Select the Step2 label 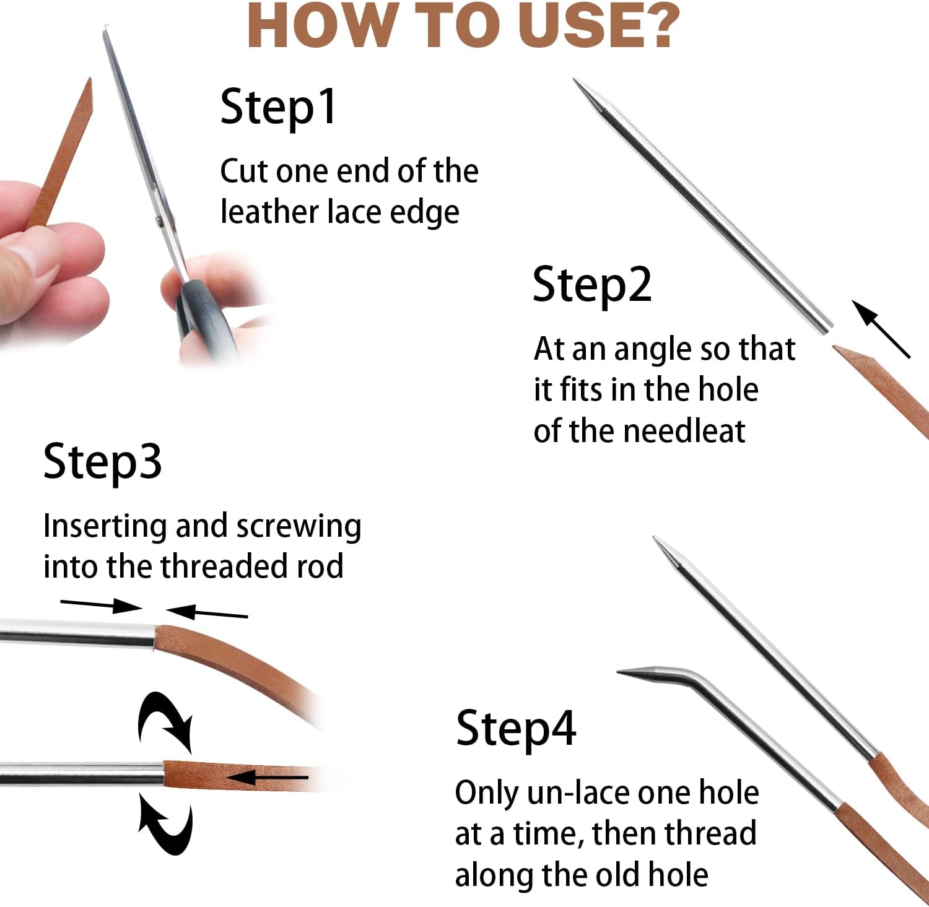coord(592,285)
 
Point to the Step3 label coord(103,462)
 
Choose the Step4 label coord(516,729)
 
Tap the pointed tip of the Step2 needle coord(575,80)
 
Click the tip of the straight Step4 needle coord(656,539)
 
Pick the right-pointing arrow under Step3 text coord(102,604)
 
